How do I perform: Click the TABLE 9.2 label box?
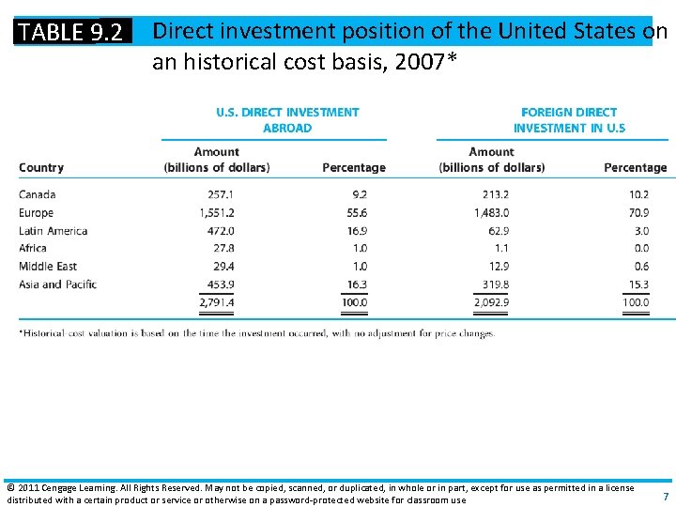tap(71, 32)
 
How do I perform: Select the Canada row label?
tap(38, 195)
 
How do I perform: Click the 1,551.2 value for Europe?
tap(217, 213)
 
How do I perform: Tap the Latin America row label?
tap(54, 231)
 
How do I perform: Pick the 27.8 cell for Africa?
tap(223, 249)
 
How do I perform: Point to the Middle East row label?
tap(47, 267)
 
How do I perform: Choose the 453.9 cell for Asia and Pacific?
tap(221, 284)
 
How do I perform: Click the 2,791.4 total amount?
tap(217, 302)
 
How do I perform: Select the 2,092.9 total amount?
tap(492, 302)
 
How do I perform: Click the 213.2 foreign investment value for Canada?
tap(495, 195)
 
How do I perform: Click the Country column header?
tap(41, 168)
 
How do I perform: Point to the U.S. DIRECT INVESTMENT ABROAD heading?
tap(287, 120)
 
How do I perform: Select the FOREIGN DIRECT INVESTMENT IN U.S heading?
tap(569, 120)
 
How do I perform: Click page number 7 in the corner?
tap(666, 496)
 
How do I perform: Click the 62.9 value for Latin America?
tap(499, 231)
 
